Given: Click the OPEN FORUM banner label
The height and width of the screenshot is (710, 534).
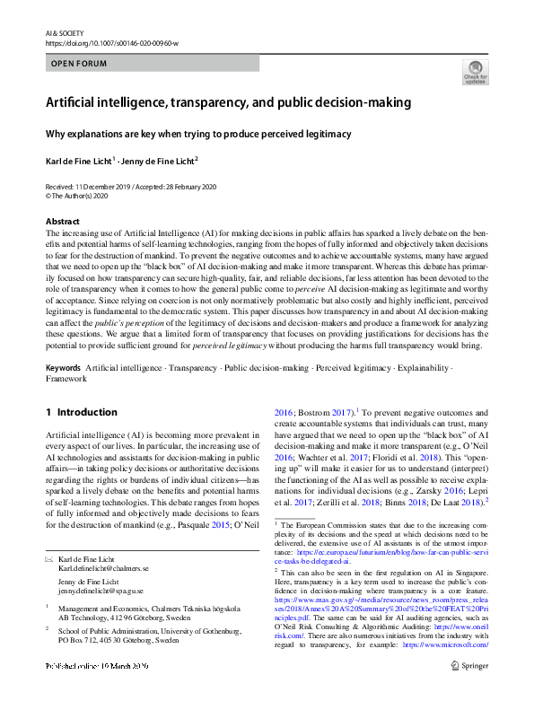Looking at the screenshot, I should [x=80, y=64].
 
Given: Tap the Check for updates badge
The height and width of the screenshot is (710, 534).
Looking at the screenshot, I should [x=475, y=71].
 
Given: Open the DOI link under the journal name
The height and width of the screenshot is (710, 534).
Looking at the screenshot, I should [x=111, y=42].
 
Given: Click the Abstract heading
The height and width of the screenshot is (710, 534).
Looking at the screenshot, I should [x=63, y=221].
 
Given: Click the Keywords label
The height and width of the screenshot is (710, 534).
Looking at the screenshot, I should [x=63, y=369].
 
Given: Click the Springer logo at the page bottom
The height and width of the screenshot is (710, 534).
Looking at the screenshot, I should [x=469, y=691].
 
